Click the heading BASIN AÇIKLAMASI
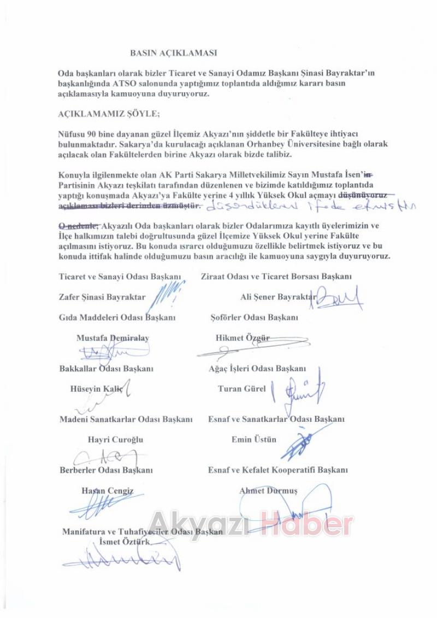pyautogui.click(x=174, y=53)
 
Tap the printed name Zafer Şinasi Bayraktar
pyautogui.click(x=102, y=297)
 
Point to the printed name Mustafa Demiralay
pyautogui.click(x=113, y=338)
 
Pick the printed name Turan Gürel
pyautogui.click(x=241, y=389)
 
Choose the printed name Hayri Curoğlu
pyautogui.click(x=115, y=439)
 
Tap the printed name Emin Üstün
pyautogui.click(x=254, y=439)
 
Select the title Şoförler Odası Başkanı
pyautogui.click(x=255, y=317)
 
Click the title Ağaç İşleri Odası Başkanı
pyautogui.click(x=257, y=369)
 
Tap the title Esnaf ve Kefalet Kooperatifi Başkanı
pyautogui.click(x=278, y=469)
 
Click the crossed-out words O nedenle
pyautogui.click(x=79, y=225)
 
